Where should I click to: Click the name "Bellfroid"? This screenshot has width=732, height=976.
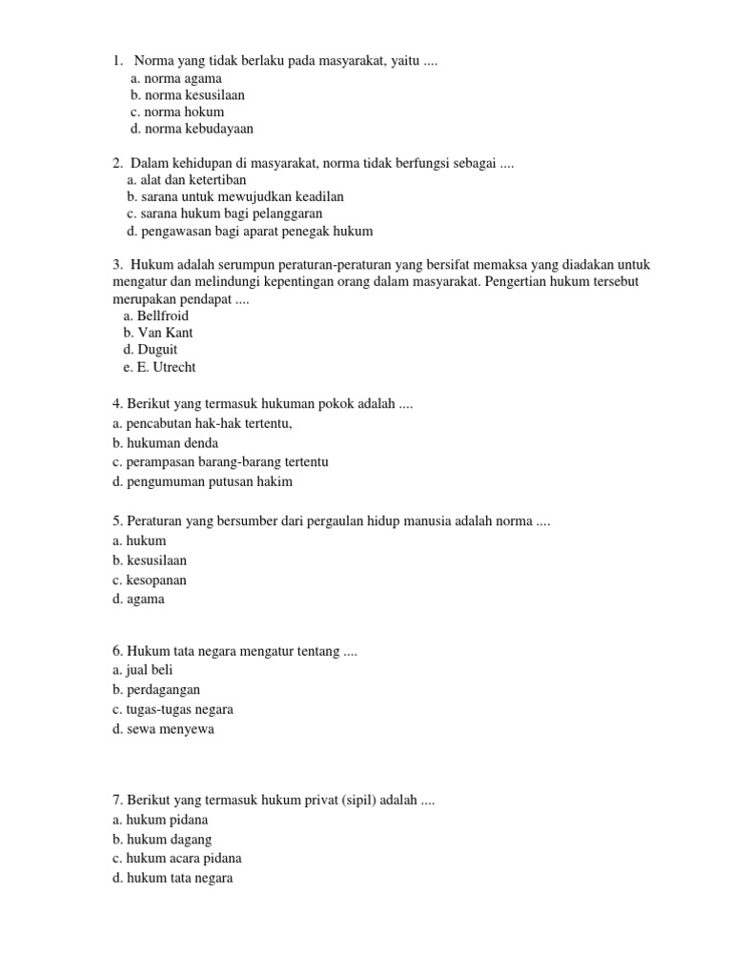[x=163, y=316]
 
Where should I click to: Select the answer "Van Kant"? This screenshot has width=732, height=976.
[x=165, y=334]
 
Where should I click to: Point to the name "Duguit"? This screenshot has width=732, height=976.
[x=157, y=351]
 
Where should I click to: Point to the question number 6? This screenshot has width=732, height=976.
[x=116, y=651]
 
